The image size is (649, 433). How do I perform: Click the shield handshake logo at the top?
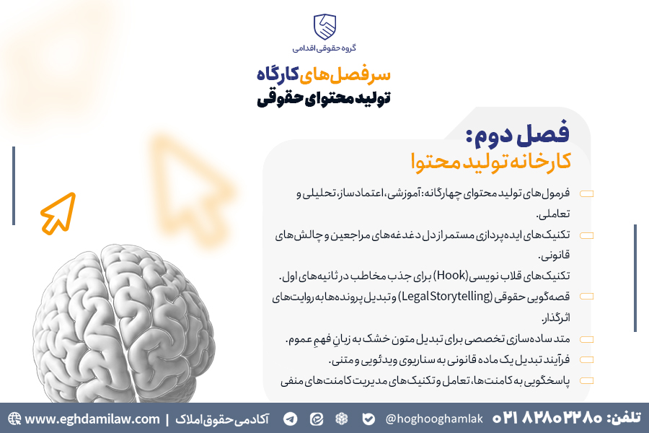pyautogui.click(x=324, y=27)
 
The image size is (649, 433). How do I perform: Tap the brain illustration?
pyautogui.click(x=124, y=323)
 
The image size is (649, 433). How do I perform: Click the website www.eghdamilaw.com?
pyautogui.click(x=92, y=419)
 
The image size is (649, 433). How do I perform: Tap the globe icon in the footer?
pyautogui.click(x=14, y=419)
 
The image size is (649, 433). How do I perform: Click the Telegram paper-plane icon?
pyautogui.click(x=290, y=419)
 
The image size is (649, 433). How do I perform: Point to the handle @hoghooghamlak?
pyautogui.click(x=433, y=419)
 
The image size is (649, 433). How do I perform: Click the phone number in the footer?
pyautogui.click(x=547, y=418)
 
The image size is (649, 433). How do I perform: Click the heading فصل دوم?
pyautogui.click(x=518, y=134)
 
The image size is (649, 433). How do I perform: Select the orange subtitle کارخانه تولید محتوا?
pyautogui.click(x=491, y=161)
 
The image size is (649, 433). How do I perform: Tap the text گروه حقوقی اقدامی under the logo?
pyautogui.click(x=324, y=48)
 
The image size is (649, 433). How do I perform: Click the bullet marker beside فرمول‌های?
pyautogui.click(x=586, y=193)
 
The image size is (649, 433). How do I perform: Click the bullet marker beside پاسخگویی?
pyautogui.click(x=586, y=380)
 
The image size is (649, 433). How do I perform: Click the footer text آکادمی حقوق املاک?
pyautogui.click(x=222, y=419)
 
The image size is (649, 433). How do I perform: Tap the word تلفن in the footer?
pyautogui.click(x=624, y=417)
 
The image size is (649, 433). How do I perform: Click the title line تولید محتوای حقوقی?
pyautogui.click(x=324, y=98)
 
